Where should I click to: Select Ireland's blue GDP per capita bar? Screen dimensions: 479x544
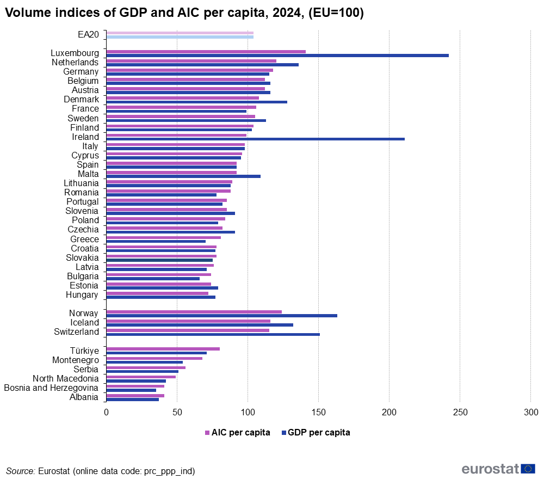(x=256, y=139)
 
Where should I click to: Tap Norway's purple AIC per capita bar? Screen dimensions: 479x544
(x=194, y=311)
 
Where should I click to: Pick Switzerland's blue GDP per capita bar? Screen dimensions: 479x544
(x=213, y=334)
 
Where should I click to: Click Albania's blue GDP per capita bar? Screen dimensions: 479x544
(x=133, y=399)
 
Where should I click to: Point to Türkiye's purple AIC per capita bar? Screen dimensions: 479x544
(x=163, y=349)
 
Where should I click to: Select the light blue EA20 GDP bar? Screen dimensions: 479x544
(x=180, y=37)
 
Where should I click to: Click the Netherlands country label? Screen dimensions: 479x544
(x=75, y=63)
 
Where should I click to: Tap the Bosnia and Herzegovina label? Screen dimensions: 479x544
(x=51, y=388)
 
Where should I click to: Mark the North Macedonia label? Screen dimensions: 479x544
(x=66, y=378)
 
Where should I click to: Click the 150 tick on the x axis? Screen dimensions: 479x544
(x=319, y=413)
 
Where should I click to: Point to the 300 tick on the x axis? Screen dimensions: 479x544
(x=530, y=413)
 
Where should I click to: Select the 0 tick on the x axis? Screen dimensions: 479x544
(x=107, y=413)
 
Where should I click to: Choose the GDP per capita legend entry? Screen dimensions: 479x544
(x=319, y=433)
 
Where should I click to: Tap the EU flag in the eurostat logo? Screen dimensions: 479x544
(x=528, y=469)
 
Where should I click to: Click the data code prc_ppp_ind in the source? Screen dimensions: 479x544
(x=169, y=471)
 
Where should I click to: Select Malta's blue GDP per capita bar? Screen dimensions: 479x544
(x=183, y=176)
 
